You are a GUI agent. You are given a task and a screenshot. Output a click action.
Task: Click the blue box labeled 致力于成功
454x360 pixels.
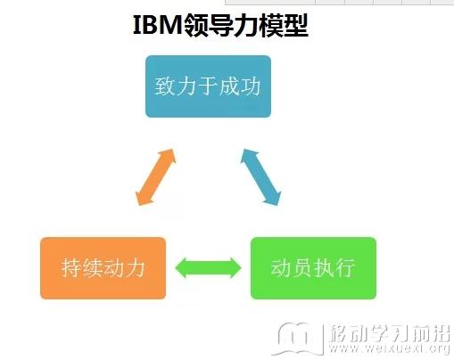click(208, 86)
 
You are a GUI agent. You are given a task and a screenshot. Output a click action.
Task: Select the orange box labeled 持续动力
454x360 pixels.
click(103, 268)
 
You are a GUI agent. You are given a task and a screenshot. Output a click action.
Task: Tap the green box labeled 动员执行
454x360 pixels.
click(313, 268)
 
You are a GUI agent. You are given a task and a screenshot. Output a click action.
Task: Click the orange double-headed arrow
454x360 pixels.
click(156, 177)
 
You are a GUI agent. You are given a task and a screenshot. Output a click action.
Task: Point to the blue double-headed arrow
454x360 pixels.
click(260, 177)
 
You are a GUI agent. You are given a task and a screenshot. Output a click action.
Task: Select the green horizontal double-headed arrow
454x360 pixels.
click(208, 268)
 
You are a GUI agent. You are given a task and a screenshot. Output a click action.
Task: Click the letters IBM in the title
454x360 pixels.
click(157, 25)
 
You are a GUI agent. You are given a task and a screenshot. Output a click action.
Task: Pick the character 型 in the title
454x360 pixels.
click(296, 26)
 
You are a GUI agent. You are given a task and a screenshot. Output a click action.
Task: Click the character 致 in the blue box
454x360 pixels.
click(165, 86)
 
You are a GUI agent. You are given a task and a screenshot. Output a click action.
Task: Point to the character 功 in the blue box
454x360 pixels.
click(251, 86)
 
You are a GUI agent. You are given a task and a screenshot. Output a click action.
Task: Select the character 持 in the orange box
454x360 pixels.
click(71, 268)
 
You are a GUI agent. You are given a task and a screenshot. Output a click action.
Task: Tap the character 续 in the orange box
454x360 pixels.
click(93, 268)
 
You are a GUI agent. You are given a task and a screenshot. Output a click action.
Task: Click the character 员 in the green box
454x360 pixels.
click(302, 268)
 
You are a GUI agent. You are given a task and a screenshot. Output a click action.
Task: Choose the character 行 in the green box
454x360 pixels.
click(344, 268)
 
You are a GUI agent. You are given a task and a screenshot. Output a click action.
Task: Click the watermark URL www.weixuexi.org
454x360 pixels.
click(389, 348)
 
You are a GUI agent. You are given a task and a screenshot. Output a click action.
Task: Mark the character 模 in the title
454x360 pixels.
click(271, 26)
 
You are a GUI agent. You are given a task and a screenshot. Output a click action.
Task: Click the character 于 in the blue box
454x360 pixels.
click(208, 86)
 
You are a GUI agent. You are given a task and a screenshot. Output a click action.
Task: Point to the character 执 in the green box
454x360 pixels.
click(324, 268)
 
